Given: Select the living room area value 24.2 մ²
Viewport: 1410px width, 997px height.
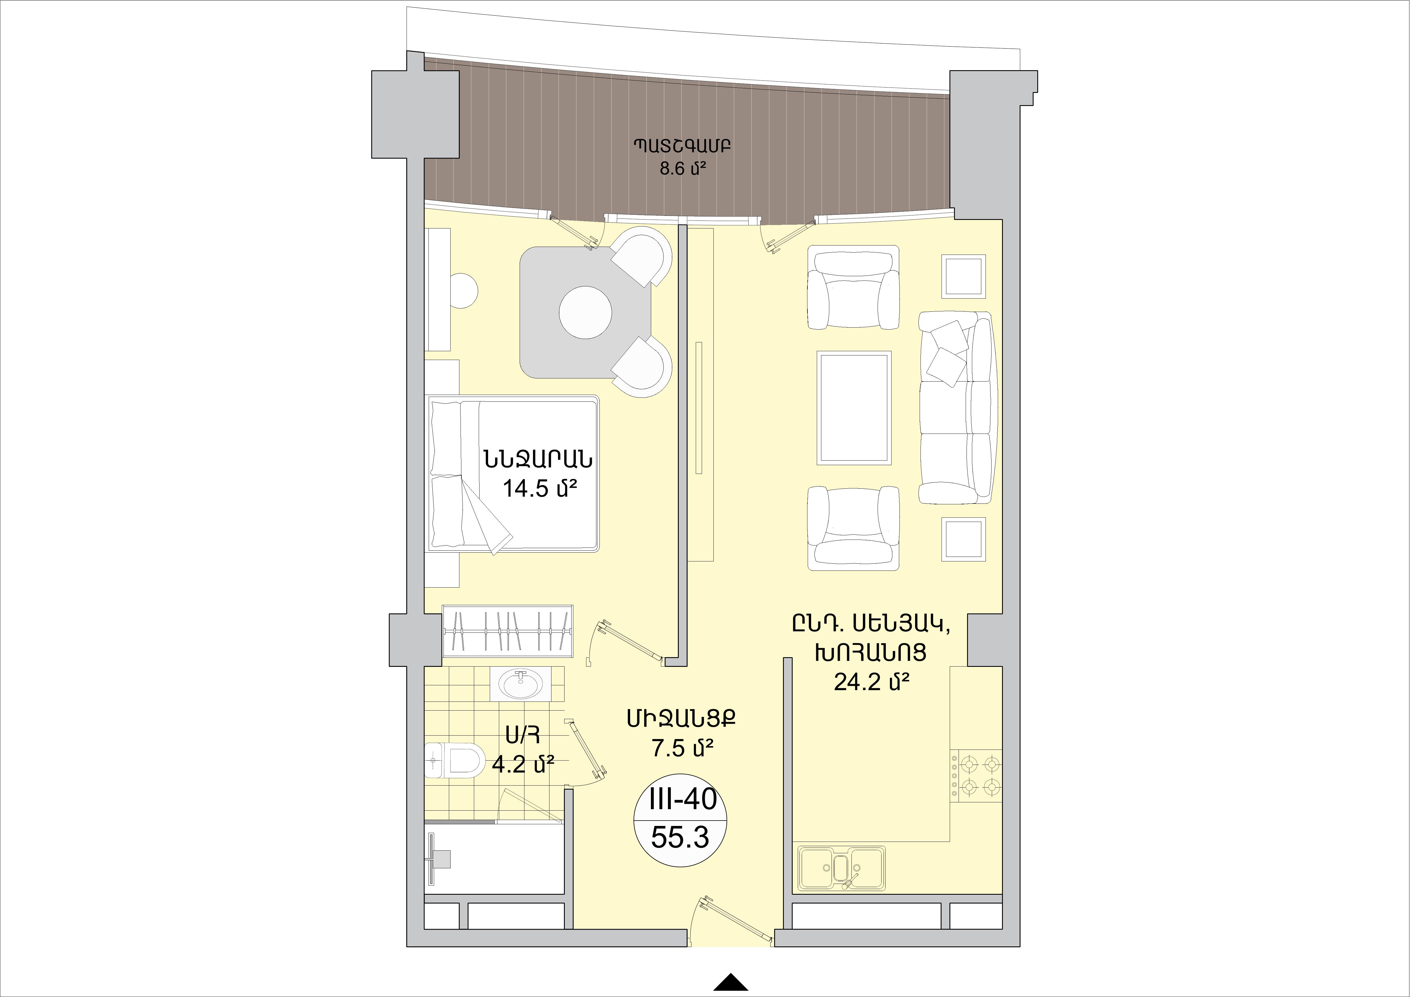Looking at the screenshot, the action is pyautogui.click(x=871, y=682).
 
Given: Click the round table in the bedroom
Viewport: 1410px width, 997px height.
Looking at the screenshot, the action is pyautogui.click(x=585, y=312).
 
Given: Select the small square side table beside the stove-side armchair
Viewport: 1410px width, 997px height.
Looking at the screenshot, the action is pyautogui.click(x=964, y=539).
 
